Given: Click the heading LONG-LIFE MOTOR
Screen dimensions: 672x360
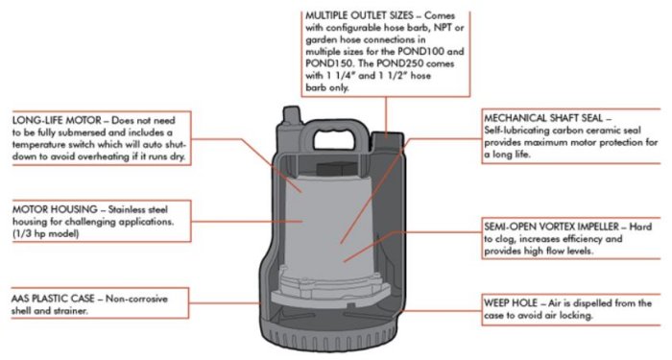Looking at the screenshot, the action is tap(57, 120).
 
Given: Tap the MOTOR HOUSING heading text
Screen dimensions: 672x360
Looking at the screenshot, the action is tap(55, 209).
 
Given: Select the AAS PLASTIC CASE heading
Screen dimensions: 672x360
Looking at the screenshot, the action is tap(53, 299).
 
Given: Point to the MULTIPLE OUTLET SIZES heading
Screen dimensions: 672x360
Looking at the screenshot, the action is tap(359, 16).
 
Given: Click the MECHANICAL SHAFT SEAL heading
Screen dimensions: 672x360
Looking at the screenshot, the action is tap(544, 118).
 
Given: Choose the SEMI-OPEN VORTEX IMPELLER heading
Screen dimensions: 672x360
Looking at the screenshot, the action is tap(552, 227).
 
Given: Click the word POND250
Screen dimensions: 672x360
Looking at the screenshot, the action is tap(400, 63).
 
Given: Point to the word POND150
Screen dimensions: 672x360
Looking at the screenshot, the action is tap(328, 63).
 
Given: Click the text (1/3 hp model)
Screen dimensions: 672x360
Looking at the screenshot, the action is tap(46, 234).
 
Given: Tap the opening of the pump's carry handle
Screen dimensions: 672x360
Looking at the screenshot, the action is tap(335, 140).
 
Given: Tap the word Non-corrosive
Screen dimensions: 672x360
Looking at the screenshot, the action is tap(136, 299).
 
